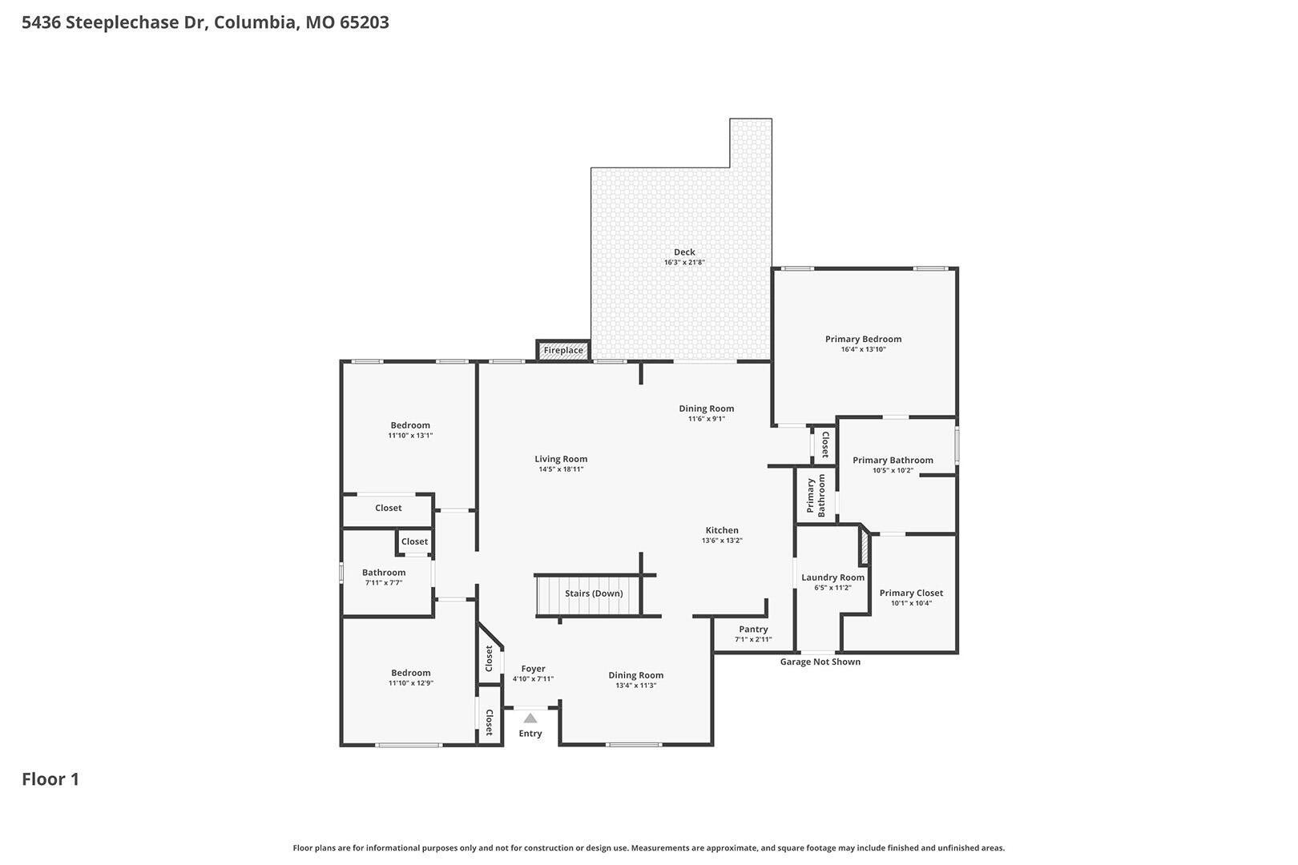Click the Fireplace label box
click(563, 351)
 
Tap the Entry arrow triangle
click(530, 718)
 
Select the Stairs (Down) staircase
click(588, 594)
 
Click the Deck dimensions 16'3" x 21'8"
click(684, 263)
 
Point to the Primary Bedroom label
click(864, 339)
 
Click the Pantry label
click(753, 630)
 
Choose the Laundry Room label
click(832, 577)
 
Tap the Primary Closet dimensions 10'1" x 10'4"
click(912, 603)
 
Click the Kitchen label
click(722, 530)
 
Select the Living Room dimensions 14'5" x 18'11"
click(561, 469)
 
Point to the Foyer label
click(533, 669)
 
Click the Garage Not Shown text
click(820, 662)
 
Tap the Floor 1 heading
click(50, 779)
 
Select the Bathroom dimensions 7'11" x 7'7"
click(384, 583)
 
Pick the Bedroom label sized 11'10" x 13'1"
click(410, 425)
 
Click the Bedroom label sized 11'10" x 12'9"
click(411, 673)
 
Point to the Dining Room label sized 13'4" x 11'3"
click(635, 675)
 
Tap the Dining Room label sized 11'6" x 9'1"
click(707, 408)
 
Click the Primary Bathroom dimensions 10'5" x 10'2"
click(893, 470)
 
